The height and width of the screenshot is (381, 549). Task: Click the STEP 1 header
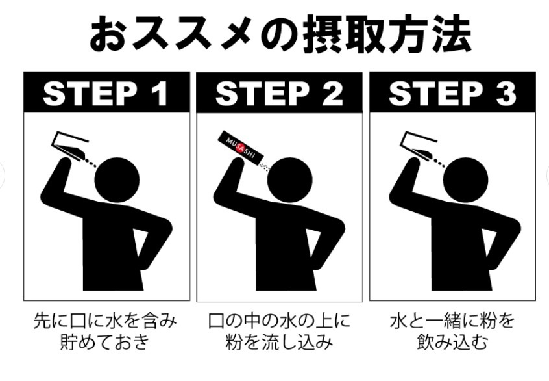(x=106, y=94)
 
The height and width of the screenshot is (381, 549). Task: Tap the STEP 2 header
(x=279, y=94)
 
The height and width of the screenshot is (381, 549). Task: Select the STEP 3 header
(x=452, y=94)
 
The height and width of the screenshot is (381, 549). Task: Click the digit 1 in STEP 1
(x=159, y=94)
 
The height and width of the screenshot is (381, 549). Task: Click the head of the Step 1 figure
(x=119, y=179)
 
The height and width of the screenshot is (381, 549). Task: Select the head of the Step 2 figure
(x=291, y=179)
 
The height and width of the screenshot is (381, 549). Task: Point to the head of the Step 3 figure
(x=465, y=179)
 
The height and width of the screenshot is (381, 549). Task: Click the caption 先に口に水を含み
(x=105, y=321)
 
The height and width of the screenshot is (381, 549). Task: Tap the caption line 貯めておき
(x=105, y=343)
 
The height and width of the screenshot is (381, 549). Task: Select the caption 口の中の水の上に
(x=279, y=321)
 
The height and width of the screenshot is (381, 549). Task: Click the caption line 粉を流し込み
(x=279, y=343)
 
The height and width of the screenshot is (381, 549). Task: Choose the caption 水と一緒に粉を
(x=452, y=321)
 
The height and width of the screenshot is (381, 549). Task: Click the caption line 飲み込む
(x=452, y=343)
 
